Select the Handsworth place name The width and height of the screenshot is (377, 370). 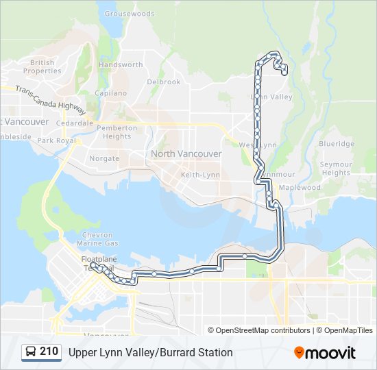point(121,65)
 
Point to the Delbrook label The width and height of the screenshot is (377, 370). point(164,82)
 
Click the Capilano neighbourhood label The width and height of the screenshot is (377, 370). point(111,93)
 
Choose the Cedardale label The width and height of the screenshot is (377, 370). point(75,123)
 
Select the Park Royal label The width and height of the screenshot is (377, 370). point(56,140)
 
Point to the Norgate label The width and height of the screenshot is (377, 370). point(104,158)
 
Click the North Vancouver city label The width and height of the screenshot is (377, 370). point(186,154)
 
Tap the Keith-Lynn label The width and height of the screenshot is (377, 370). point(200,175)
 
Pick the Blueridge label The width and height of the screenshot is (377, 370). point(337,145)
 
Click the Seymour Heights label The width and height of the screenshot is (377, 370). point(336,169)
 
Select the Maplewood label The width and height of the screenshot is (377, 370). point(300,188)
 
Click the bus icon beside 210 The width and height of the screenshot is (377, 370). point(31,352)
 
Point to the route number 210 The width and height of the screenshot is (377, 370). point(49,352)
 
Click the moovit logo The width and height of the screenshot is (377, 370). point(325,353)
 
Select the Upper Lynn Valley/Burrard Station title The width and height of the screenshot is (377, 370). point(150,353)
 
